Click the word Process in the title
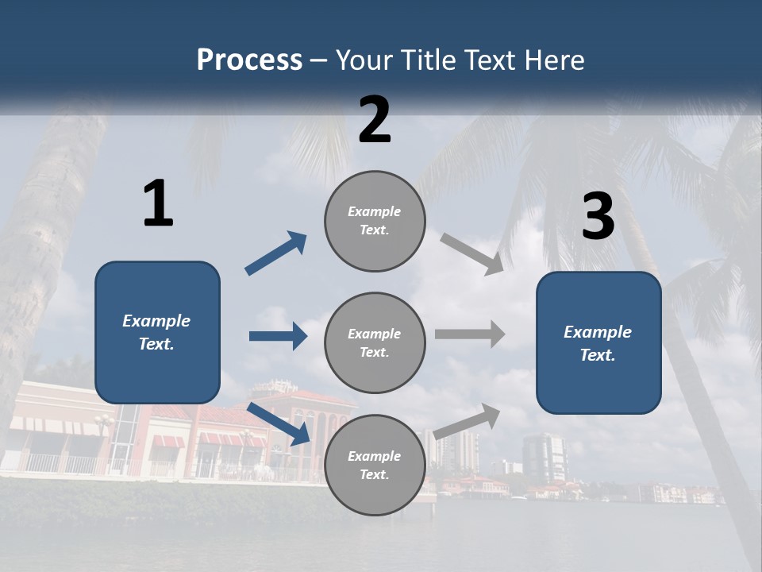[x=249, y=60]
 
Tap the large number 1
[x=158, y=204]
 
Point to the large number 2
[x=375, y=120]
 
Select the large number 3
[x=598, y=217]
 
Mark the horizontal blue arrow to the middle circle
[x=278, y=336]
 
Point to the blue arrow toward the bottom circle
[x=278, y=423]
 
